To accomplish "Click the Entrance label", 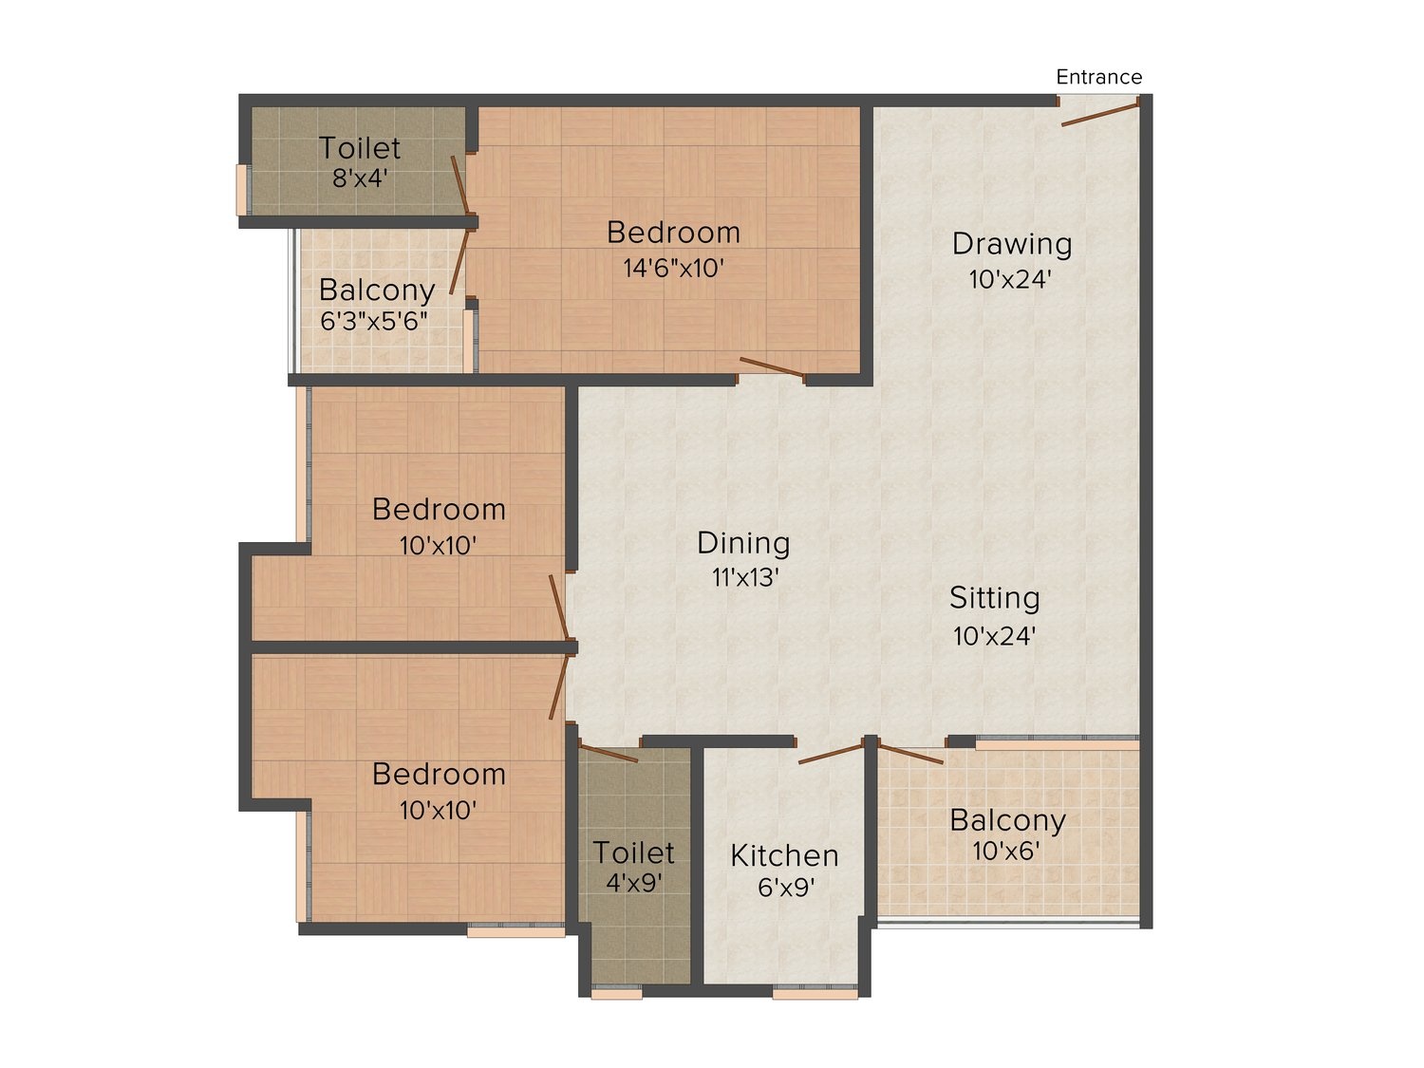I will [x=1098, y=77].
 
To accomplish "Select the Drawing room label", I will [x=1012, y=244].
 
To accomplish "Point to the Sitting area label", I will [x=994, y=598].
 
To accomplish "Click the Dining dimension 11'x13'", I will [x=745, y=577].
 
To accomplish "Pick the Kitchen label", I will [x=784, y=855].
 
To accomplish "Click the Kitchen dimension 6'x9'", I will [x=786, y=888].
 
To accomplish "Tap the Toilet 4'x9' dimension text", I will [x=634, y=883].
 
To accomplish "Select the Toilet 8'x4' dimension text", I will [x=360, y=178].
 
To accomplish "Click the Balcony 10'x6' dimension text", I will [x=1006, y=851].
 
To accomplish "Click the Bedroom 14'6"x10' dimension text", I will [x=673, y=269].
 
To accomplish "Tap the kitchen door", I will [x=830, y=755].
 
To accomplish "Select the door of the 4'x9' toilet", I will [x=608, y=754].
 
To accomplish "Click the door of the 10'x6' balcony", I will [x=910, y=755].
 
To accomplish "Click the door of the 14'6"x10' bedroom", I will [x=771, y=367].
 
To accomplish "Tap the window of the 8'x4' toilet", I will [x=241, y=190].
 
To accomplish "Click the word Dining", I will [x=743, y=543].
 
